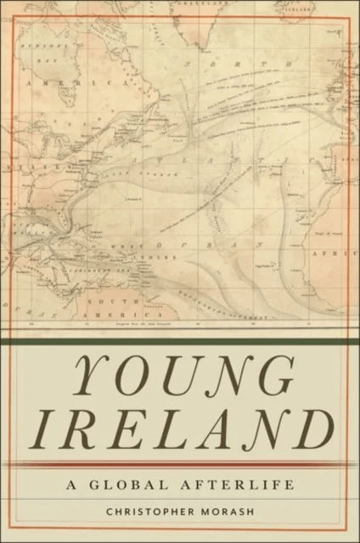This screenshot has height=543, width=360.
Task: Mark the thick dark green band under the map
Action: [179, 341]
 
